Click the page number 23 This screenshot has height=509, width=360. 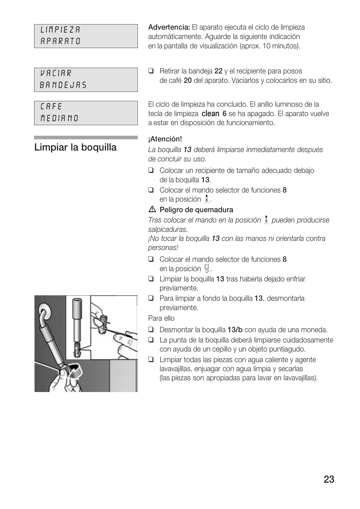click(x=329, y=479)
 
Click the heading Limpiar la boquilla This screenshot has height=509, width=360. click(x=75, y=148)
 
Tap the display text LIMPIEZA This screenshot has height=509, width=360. click(x=60, y=30)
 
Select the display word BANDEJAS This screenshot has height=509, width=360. click(x=63, y=85)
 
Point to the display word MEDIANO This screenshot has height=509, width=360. click(x=60, y=118)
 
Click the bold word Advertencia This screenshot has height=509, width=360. click(x=169, y=27)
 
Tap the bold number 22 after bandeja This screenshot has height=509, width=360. click(x=218, y=71)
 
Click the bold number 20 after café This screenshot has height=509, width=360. click(x=188, y=81)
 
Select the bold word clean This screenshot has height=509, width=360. click(x=210, y=114)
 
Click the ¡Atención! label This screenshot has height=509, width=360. click(x=165, y=139)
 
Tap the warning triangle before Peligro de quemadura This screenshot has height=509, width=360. click(x=151, y=209)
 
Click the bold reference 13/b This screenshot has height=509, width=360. click(x=235, y=329)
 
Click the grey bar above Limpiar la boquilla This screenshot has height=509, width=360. click(x=86, y=138)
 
